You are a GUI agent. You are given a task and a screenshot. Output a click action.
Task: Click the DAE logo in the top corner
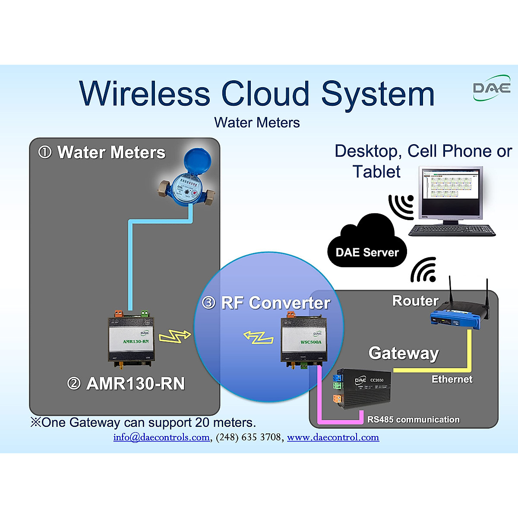[492, 88]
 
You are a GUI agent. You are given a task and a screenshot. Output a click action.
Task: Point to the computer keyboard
[452, 230]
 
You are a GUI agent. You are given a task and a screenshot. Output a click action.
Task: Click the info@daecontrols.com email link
[161, 437]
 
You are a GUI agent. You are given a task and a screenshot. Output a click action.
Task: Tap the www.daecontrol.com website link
[333, 437]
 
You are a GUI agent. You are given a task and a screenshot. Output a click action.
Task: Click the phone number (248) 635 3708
[248, 437]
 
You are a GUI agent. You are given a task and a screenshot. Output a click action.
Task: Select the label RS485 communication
[413, 420]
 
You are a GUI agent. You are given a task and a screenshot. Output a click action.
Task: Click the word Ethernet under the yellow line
[452, 379]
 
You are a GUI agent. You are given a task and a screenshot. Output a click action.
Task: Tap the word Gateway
[404, 353]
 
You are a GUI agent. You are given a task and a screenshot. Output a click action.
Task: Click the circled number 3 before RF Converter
[209, 303]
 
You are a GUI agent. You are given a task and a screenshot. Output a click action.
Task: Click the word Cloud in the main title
[265, 94]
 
